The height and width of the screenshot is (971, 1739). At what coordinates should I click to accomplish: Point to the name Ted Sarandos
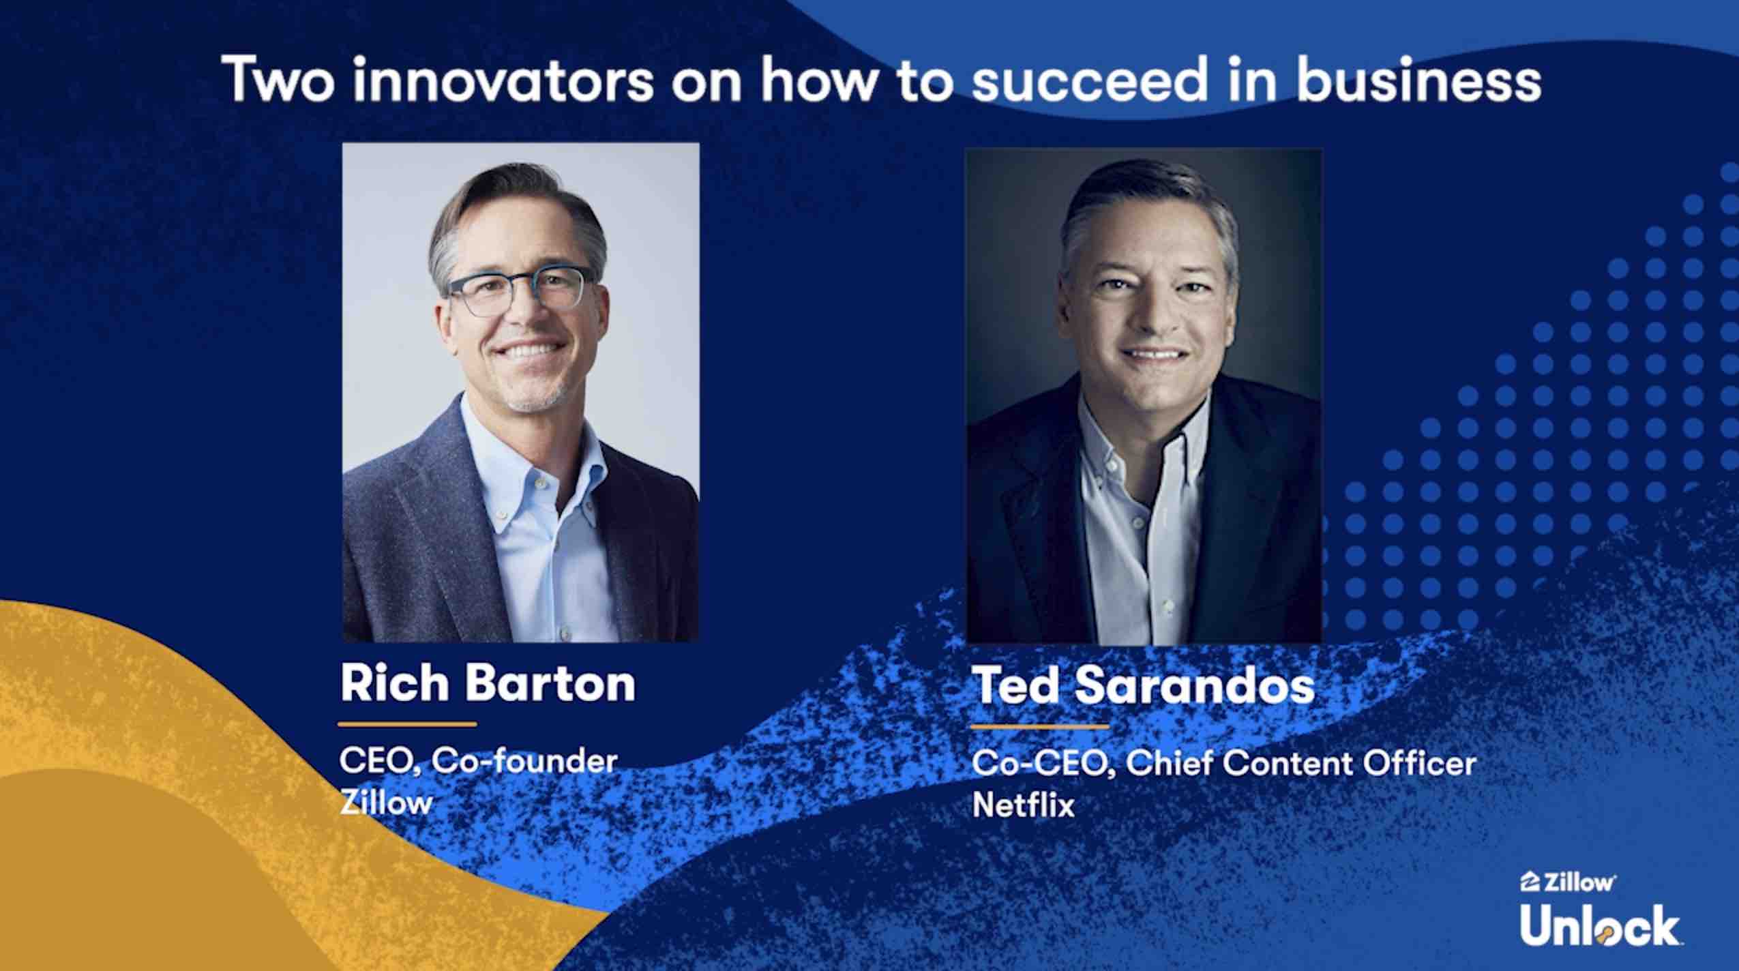[1143, 685]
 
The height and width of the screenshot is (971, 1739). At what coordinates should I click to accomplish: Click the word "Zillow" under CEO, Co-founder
[386, 802]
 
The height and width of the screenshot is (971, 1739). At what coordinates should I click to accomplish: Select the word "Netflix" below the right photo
[1023, 805]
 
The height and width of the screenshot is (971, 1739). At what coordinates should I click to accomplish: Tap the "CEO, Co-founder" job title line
[479, 761]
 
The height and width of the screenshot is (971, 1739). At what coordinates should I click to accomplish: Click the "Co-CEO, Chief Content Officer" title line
[1224, 764]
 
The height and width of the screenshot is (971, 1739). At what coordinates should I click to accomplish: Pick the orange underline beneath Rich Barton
[408, 724]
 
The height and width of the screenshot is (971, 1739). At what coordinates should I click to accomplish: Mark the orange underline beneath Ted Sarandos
[1041, 727]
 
